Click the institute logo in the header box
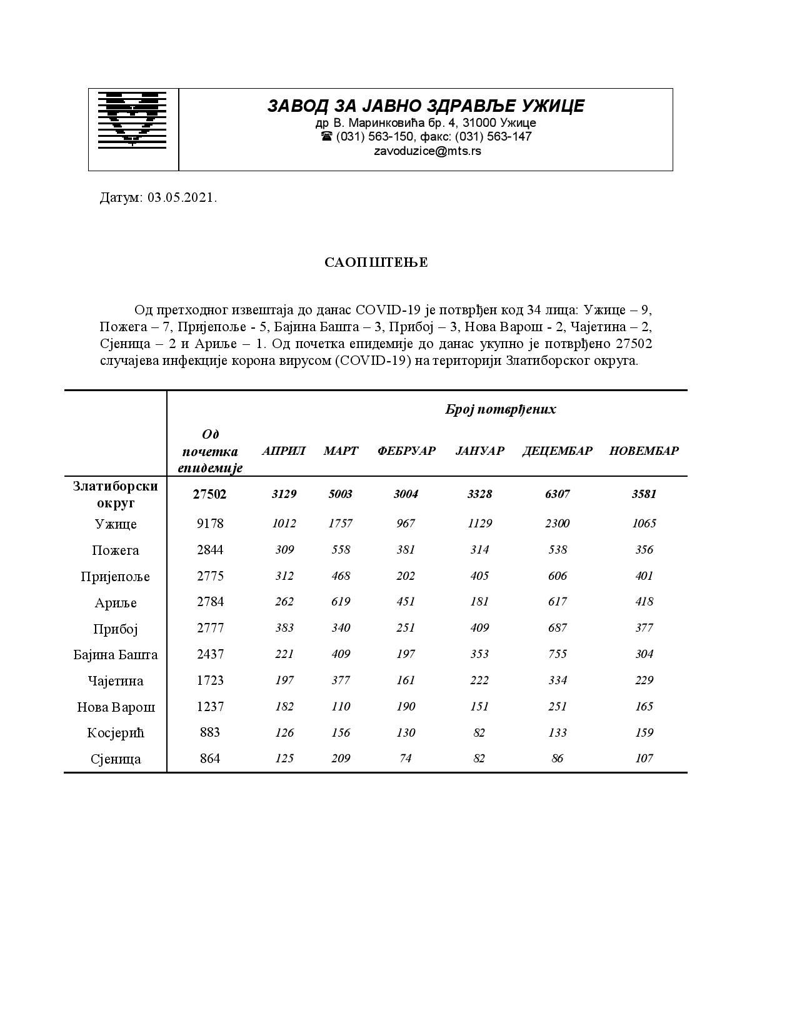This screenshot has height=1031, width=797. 133,120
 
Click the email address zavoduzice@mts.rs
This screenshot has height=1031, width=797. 427,151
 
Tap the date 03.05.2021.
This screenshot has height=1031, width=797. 182,198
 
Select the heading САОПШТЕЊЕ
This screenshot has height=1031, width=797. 376,262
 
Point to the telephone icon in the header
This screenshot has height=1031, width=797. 326,136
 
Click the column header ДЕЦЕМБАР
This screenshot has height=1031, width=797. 557,451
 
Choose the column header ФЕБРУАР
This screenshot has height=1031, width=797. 406,451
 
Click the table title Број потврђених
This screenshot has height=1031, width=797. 500,409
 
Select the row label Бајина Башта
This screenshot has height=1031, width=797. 116,655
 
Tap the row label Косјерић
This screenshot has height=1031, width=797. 116,733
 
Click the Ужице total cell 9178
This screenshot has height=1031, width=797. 210,524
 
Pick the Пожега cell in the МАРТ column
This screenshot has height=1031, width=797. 341,550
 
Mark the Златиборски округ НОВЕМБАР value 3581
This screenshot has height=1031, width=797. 644,494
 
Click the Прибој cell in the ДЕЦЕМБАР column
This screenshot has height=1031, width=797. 557,628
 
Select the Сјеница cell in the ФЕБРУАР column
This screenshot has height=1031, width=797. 406,759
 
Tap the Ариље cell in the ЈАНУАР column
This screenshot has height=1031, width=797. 479,602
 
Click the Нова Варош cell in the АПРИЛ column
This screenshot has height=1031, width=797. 284,707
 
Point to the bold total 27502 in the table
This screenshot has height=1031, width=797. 210,494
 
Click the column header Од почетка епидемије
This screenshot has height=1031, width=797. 210,451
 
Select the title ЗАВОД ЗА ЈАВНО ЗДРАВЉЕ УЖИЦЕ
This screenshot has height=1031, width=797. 426,106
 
